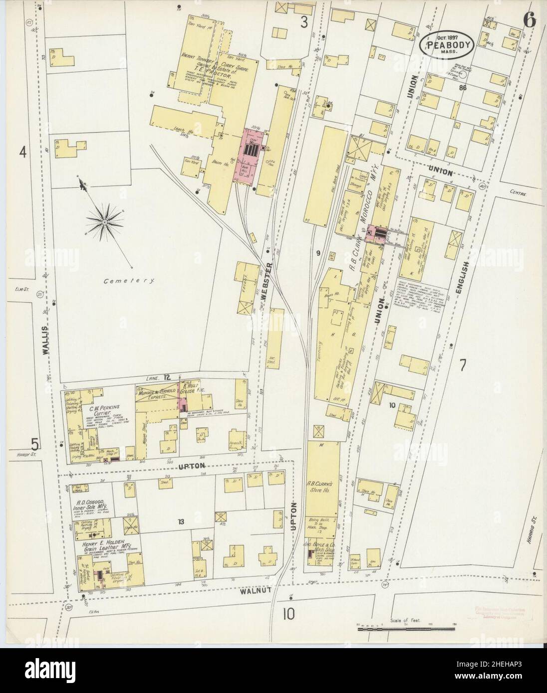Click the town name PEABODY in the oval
pos(437,44)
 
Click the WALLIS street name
pos(46,340)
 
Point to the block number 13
pos(180,522)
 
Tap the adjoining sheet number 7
pos(462,365)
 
